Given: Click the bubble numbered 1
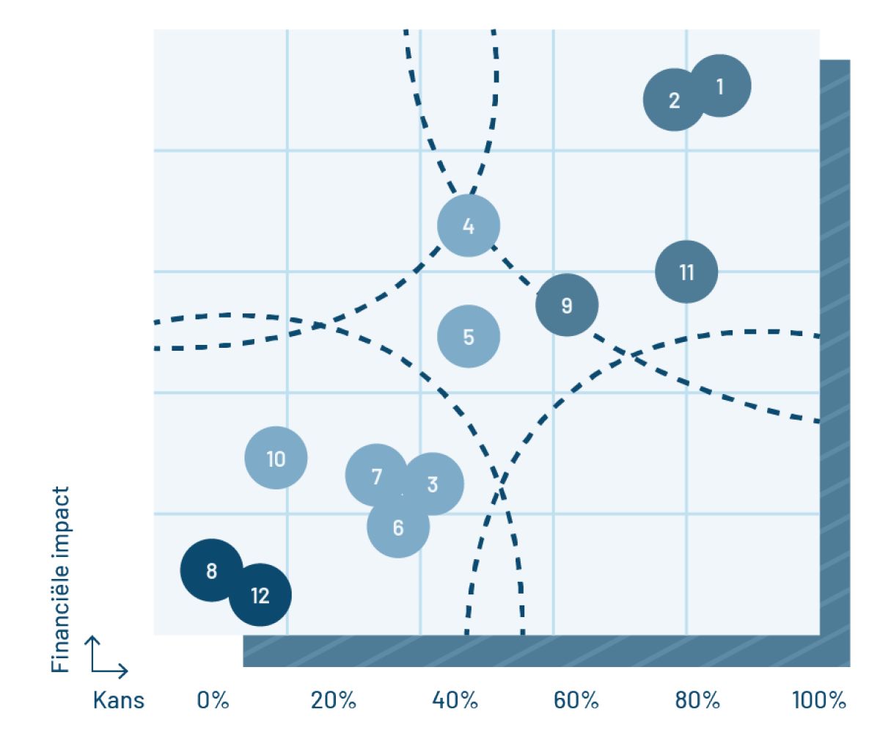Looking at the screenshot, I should pos(721,86).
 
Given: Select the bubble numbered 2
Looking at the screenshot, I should pos(674,100).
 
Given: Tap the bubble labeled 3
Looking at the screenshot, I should pos(433,484).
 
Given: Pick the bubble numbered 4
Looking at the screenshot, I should pos(469,225).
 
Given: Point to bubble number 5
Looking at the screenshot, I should pos(469,336).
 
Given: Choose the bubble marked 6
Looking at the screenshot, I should pos(398,527).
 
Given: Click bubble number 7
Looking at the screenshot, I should pos(376,476).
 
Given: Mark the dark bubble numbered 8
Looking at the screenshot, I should pos(211,570).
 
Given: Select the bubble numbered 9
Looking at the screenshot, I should pos(567,305).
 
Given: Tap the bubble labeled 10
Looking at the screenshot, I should pos(276,459).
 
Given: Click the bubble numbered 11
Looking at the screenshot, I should pos(686,272).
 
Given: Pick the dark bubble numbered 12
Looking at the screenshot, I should pos(260,595).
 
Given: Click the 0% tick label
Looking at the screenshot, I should pos(213,700).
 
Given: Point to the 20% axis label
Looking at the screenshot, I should pos(333,700).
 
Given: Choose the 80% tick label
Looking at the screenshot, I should pos(697,700).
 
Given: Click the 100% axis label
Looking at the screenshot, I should pos(819,700).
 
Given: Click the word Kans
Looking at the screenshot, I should pos(119,700).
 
